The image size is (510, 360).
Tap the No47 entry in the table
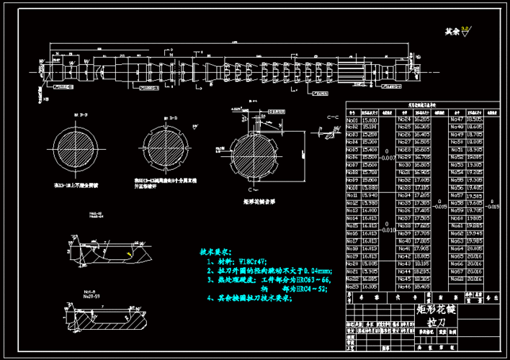point(455,119)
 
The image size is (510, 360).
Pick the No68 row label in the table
point(455,278)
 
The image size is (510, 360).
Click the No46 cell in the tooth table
point(403,286)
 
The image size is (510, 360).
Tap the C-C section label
point(333,116)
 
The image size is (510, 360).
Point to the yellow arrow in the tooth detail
point(129,253)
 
